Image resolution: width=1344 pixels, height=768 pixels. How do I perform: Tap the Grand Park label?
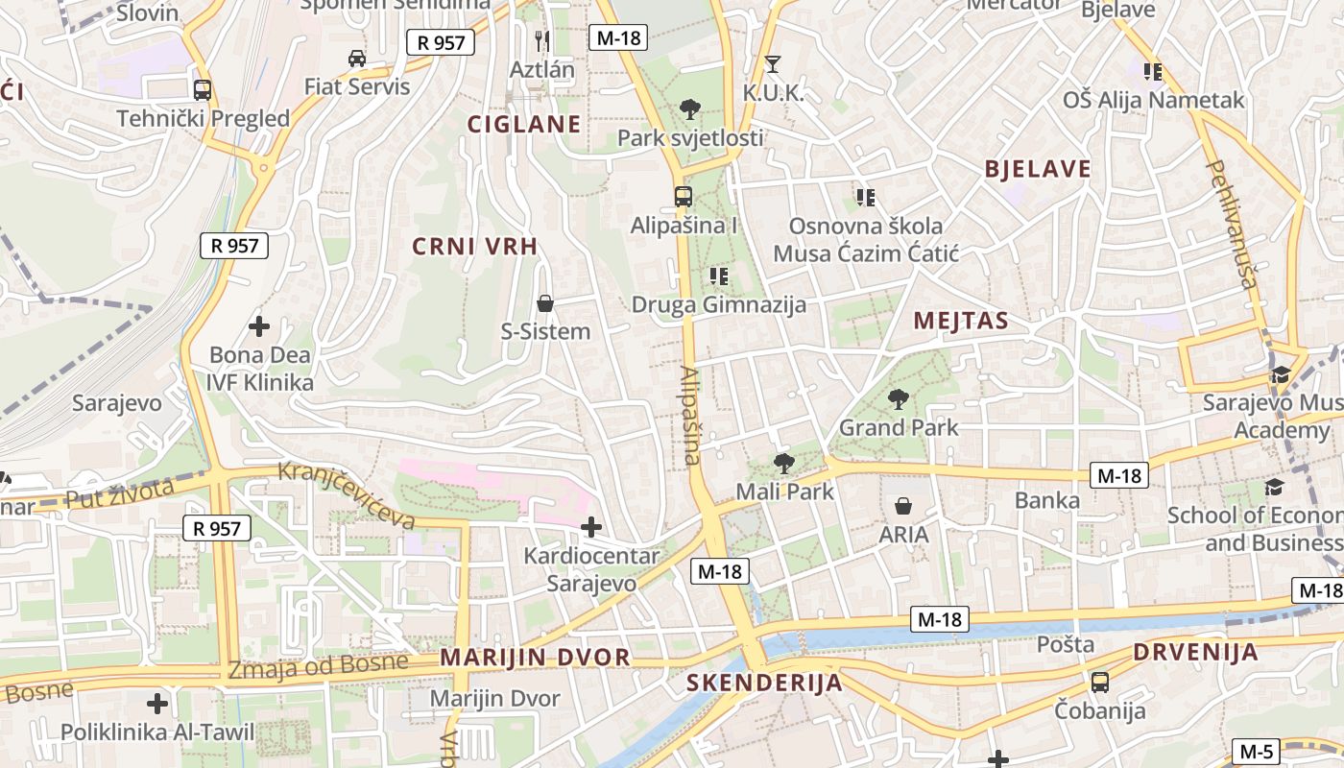tap(899, 427)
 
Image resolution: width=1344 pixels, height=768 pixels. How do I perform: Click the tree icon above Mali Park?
tap(784, 464)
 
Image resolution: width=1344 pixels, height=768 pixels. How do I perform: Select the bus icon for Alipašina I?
tap(683, 197)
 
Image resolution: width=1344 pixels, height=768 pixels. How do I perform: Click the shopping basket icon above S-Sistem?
tap(545, 304)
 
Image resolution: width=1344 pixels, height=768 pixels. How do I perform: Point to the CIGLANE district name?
tap(524, 124)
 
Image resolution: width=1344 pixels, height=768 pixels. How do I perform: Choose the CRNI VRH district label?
tap(475, 247)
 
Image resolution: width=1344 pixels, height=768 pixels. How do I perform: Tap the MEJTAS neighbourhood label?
tap(961, 321)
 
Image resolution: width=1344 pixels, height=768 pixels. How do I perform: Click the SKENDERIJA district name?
tap(765, 684)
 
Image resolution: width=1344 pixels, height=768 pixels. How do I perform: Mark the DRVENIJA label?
tap(1195, 653)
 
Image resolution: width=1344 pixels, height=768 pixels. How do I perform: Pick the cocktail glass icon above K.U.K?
tap(773, 64)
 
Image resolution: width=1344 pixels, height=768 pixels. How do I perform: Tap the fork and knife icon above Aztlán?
tap(542, 40)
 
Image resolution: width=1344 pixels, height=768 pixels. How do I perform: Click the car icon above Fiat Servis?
tap(357, 59)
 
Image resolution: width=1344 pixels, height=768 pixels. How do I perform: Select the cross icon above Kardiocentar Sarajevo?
tap(591, 527)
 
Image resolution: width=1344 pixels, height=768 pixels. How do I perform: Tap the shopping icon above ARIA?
tap(903, 506)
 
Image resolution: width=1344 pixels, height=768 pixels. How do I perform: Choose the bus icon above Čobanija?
tap(1100, 683)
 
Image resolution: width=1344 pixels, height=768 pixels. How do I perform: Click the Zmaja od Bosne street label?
tap(318, 664)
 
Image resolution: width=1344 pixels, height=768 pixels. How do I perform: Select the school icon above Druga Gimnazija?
tap(718, 276)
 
